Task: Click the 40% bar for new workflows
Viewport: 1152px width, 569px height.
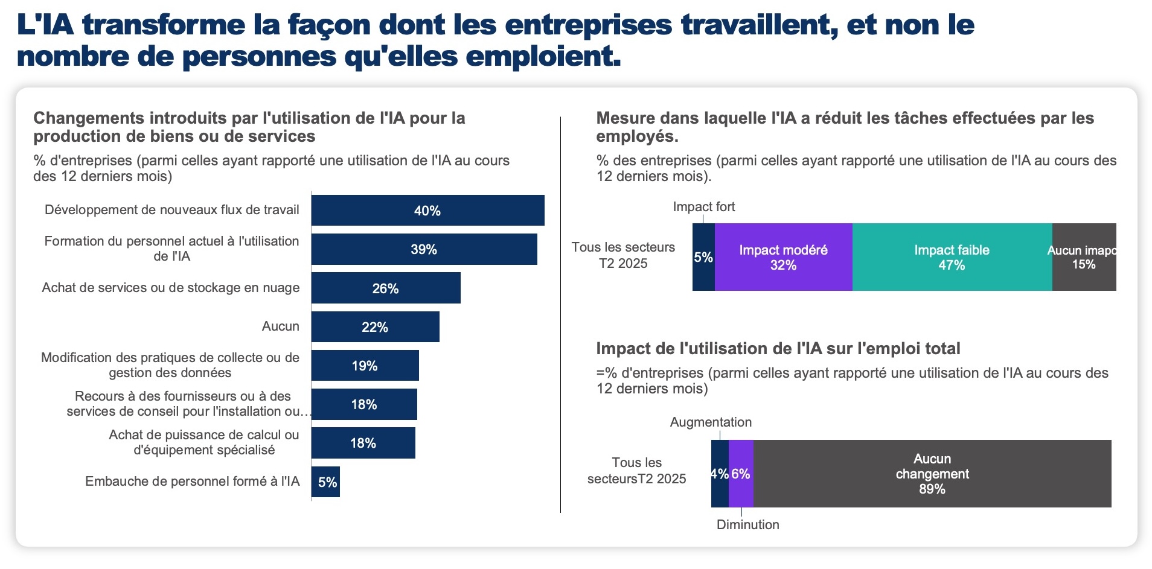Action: click(x=427, y=211)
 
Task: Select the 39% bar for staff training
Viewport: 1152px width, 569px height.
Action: click(x=424, y=249)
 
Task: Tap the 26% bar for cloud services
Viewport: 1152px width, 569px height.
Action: click(x=386, y=288)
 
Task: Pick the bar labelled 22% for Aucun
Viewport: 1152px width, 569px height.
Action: click(x=375, y=327)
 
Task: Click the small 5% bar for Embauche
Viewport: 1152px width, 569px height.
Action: click(x=326, y=482)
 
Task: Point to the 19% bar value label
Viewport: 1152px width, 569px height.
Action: click(x=365, y=366)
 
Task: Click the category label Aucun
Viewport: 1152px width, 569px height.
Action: click(x=280, y=326)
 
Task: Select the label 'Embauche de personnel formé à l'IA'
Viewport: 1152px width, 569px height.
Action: click(x=192, y=482)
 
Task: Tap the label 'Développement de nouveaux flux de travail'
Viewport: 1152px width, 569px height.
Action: click(x=171, y=210)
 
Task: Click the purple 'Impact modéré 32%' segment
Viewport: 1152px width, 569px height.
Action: click(x=783, y=258)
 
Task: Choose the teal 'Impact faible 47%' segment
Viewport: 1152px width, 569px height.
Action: click(x=952, y=258)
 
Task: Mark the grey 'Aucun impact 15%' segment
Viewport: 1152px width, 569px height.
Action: click(x=1084, y=258)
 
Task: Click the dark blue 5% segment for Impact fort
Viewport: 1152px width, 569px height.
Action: click(x=703, y=258)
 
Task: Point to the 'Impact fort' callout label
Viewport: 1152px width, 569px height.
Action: click(x=704, y=207)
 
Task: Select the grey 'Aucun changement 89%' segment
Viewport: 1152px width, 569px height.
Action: click(x=932, y=474)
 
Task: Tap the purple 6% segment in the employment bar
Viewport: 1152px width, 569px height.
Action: click(x=741, y=474)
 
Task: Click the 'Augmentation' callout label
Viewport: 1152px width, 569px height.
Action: click(x=711, y=422)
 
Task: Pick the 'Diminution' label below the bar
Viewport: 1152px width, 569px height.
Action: click(x=747, y=525)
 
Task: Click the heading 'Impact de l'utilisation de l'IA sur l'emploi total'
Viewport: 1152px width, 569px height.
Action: click(x=778, y=349)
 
